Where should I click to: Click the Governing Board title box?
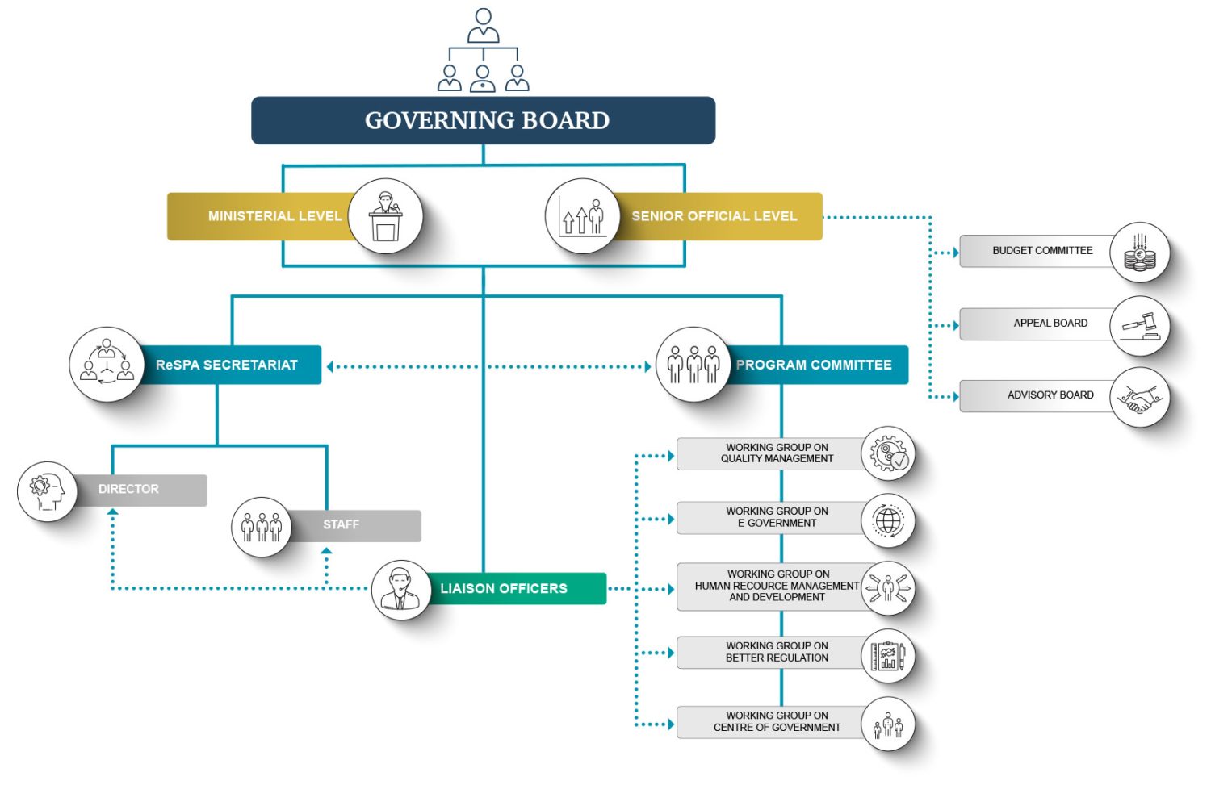tap(484, 120)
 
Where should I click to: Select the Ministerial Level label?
tap(275, 216)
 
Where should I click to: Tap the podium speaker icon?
tap(385, 216)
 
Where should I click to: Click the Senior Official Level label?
tap(714, 216)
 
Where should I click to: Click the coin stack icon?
tap(1140, 253)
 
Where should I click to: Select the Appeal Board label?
tap(1050, 323)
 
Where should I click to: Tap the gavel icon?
tap(1140, 326)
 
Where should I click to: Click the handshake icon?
tap(1140, 398)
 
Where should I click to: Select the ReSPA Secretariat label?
tap(227, 365)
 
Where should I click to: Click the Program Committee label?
tap(814, 365)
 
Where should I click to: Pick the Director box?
tap(140, 490)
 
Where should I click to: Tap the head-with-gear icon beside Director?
tap(47, 491)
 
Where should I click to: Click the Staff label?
tap(342, 524)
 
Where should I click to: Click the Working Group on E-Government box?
tap(773, 518)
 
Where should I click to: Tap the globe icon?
tap(888, 521)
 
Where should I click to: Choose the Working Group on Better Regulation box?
tap(773, 652)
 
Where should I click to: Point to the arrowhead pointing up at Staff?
tap(326, 551)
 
